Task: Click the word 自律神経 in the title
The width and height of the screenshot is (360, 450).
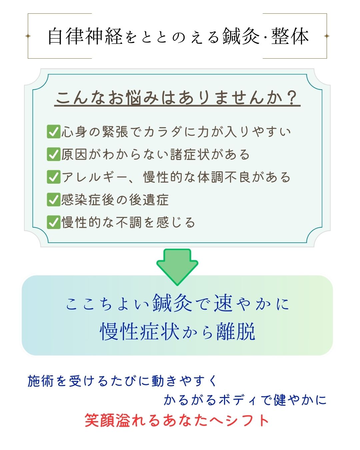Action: pos(85,36)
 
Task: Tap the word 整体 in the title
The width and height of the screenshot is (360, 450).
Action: pos(290,36)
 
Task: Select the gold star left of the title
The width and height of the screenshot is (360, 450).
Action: pos(28,36)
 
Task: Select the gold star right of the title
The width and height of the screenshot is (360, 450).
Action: pos(327,36)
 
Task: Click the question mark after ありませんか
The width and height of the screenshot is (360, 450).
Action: pos(292,98)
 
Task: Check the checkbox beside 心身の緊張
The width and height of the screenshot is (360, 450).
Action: pos(54,132)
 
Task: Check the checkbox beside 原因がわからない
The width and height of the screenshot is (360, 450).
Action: pos(54,154)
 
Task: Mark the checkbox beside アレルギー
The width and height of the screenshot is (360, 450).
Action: pos(54,177)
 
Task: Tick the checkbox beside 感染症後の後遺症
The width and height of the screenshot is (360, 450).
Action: pos(54,200)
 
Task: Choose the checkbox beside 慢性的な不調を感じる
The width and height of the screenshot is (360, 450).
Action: pos(54,222)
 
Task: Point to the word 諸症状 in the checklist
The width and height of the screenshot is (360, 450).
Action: pos(190,155)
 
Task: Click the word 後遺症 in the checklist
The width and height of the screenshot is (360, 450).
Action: pos(149,200)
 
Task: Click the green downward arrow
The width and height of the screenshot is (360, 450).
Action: pos(177,267)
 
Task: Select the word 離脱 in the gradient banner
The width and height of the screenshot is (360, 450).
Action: pos(236,331)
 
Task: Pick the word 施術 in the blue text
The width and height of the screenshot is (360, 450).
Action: pos(40,381)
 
